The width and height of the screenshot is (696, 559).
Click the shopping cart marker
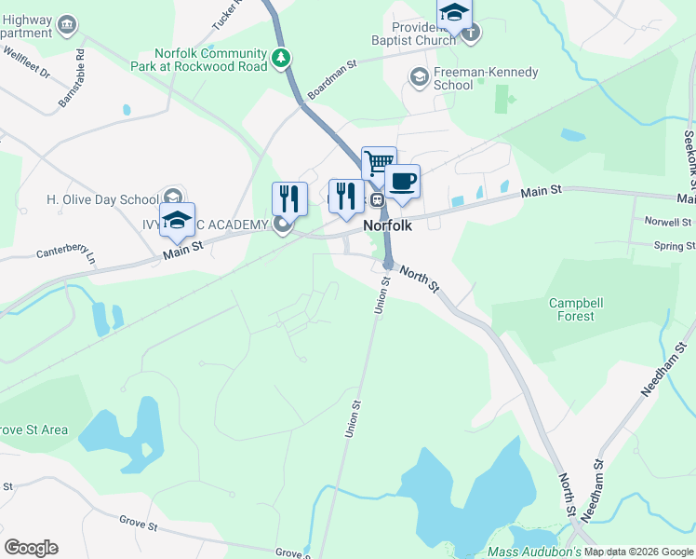tap(379, 164)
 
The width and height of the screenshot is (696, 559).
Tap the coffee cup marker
tap(402, 182)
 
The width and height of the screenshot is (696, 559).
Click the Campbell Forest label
tap(571, 309)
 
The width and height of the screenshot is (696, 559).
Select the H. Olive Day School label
tap(103, 199)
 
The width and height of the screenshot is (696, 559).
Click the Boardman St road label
tap(332, 80)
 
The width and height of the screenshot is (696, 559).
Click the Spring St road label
tap(674, 246)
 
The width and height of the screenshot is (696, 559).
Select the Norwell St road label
tap(668, 223)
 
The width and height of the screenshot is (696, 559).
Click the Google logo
tap(31, 548)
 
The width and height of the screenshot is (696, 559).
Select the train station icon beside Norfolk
tap(377, 199)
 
